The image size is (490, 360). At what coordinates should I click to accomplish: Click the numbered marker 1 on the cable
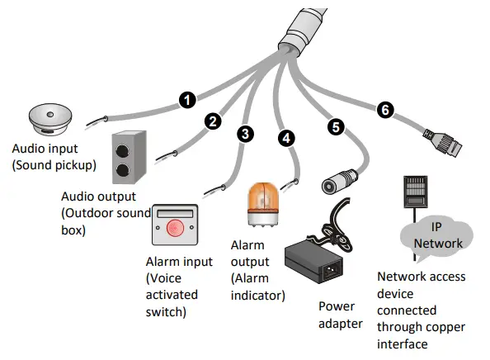[187, 101]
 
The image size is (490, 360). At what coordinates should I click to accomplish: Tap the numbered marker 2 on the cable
[213, 121]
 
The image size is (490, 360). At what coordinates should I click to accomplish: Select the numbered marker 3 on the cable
[245, 133]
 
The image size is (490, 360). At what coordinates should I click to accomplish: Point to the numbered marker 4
[285, 138]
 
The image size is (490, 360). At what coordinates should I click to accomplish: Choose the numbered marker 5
[335, 127]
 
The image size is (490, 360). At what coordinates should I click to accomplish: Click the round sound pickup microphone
[52, 121]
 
